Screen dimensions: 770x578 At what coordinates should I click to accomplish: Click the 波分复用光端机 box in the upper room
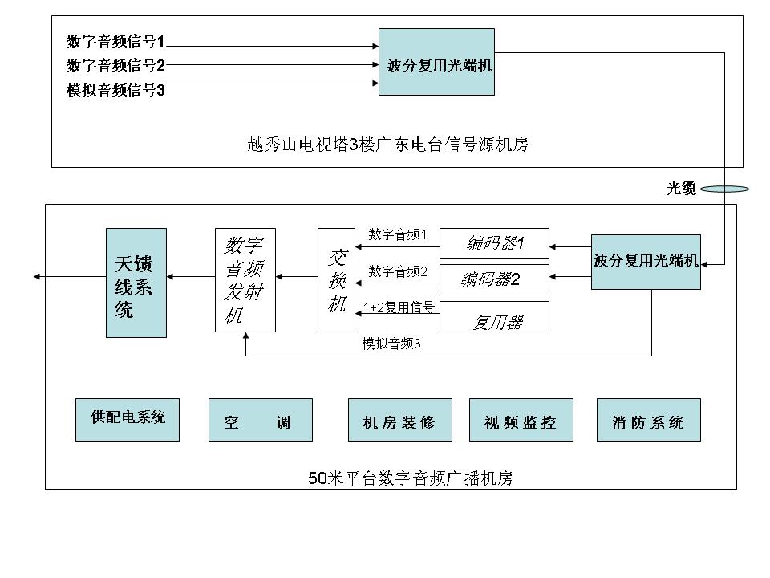tap(436, 62)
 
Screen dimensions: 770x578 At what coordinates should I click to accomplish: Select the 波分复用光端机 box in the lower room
tap(646, 262)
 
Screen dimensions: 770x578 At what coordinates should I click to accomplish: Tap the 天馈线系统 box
tap(136, 283)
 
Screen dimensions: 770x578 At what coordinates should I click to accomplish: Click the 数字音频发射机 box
tap(245, 280)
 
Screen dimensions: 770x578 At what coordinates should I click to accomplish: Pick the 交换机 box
tap(336, 280)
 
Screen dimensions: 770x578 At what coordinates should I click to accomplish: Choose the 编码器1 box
tap(494, 243)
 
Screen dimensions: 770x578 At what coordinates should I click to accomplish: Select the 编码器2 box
tap(494, 279)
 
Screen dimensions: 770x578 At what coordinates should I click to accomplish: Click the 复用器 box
tap(494, 316)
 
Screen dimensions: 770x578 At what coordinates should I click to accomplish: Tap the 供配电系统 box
tap(128, 420)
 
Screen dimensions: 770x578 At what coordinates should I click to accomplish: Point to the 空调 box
tap(260, 420)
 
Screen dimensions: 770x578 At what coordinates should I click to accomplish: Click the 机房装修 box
tap(399, 420)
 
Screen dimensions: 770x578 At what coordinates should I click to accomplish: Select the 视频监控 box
tap(521, 420)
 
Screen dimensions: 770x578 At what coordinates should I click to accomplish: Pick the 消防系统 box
tap(649, 420)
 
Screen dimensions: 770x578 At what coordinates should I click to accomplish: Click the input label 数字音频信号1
tap(115, 41)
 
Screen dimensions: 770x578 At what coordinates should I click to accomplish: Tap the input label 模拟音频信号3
tap(115, 91)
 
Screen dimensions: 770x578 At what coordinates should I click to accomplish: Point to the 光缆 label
tap(681, 188)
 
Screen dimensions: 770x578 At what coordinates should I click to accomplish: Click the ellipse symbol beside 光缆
tap(724, 189)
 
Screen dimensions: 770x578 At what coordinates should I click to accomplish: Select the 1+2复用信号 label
tap(399, 307)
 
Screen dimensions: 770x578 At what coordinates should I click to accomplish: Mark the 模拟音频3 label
tap(391, 344)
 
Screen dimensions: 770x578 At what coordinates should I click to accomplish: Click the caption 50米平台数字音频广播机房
tap(411, 478)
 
